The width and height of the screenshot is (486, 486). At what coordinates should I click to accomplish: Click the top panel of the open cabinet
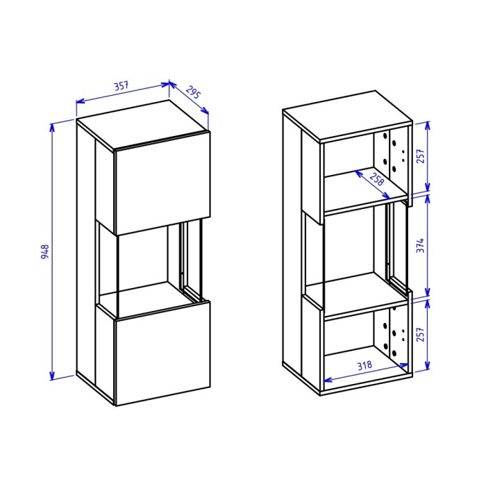(x=347, y=116)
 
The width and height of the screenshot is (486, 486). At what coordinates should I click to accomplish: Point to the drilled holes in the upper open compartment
(x=395, y=154)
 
